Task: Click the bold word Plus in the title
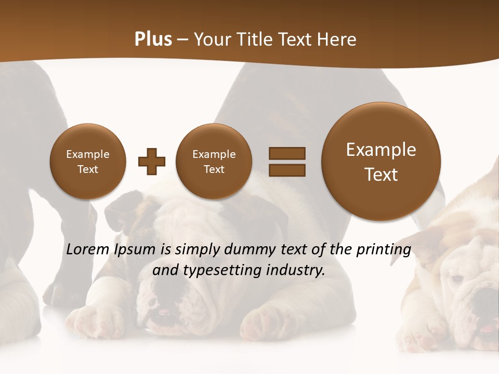coord(153,39)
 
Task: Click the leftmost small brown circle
coord(87,161)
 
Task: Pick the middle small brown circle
coord(214,161)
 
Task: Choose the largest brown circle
coord(381,161)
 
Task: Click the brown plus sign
coord(151,161)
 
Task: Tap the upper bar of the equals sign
coord(286,153)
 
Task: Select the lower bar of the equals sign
coord(286,169)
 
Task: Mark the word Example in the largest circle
coord(381,150)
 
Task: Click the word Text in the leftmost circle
coord(87,169)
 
